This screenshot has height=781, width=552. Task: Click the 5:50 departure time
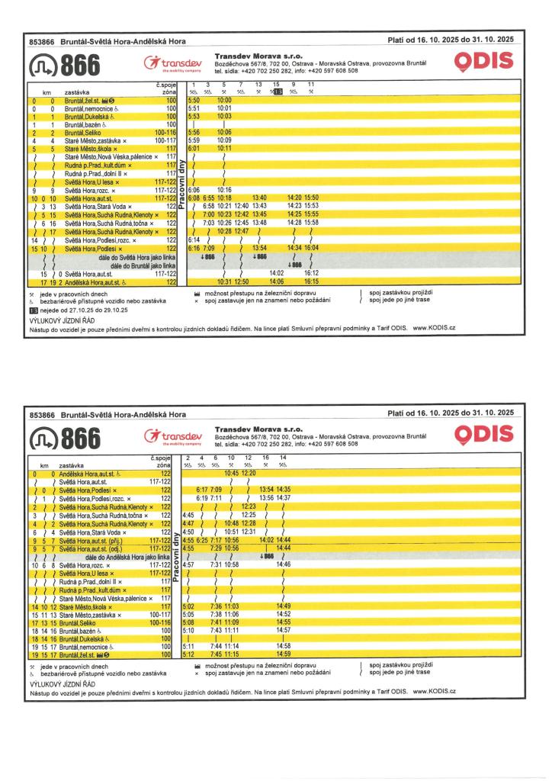pos(194,100)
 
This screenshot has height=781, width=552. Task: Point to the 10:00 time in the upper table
pos(224,100)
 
